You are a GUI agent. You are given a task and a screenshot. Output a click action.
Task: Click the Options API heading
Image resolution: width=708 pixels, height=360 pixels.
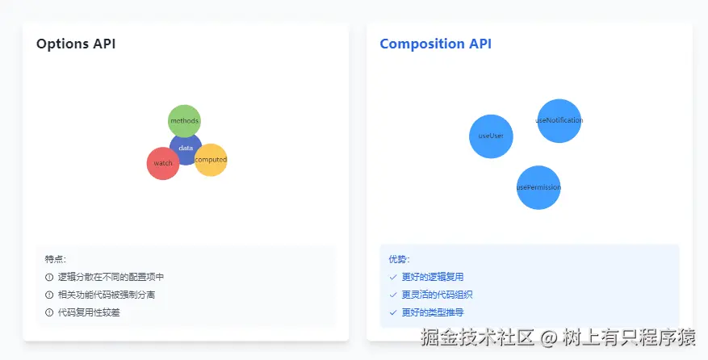tap(76, 44)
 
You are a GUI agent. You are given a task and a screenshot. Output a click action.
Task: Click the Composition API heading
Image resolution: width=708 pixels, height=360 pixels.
tap(435, 44)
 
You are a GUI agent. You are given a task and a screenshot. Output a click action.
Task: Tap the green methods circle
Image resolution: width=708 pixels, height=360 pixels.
tap(184, 120)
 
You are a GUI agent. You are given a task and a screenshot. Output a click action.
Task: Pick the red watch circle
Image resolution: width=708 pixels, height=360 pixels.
tap(163, 163)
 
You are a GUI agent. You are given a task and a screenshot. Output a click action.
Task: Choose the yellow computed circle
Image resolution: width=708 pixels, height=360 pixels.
tap(212, 160)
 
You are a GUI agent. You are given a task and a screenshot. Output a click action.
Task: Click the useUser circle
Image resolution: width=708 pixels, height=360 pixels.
tap(491, 136)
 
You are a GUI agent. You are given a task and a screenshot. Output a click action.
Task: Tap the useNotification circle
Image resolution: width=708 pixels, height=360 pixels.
tap(559, 120)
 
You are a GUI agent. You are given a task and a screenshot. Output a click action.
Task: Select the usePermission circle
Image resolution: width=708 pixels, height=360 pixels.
tap(538, 187)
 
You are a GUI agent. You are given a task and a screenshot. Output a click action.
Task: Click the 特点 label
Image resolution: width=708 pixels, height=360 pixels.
tap(56, 259)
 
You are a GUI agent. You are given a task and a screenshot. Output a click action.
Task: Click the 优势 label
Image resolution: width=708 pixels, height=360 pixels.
tap(399, 259)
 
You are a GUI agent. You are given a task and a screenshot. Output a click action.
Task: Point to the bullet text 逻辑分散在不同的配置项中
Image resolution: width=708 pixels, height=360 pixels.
tap(111, 277)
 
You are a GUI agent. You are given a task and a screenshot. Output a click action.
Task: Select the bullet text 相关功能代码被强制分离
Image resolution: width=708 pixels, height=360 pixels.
tap(106, 295)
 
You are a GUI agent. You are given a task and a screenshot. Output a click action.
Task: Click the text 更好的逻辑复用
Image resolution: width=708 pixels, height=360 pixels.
tap(432, 277)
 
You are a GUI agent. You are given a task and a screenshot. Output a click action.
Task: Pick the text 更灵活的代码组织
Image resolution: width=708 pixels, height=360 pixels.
tap(437, 295)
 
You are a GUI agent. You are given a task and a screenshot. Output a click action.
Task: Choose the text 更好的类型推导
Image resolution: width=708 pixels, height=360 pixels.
tap(432, 312)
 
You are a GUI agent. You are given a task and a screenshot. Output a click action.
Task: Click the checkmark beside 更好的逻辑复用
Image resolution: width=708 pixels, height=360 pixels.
tap(393, 277)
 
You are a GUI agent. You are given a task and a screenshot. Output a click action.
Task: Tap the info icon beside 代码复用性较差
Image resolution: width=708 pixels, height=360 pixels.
tap(49, 312)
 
